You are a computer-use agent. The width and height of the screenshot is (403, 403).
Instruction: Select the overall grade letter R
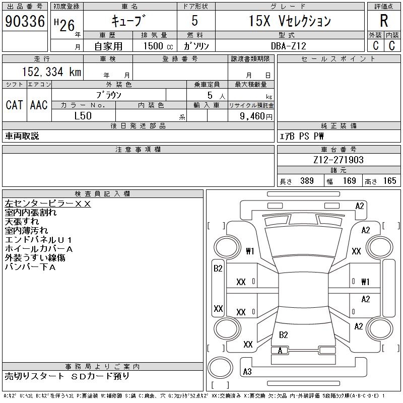[x=383, y=21]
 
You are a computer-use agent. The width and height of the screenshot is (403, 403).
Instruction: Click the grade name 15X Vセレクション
[x=290, y=21]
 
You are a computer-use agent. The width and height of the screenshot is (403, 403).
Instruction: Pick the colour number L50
[x=83, y=116]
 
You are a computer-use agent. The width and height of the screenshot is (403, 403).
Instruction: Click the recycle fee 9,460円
[x=257, y=116]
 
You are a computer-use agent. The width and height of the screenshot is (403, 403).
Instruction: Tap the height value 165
[x=389, y=181]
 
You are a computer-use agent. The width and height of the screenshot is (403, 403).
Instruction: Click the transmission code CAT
[x=14, y=105]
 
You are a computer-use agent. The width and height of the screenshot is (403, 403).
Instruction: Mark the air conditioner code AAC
[x=38, y=105]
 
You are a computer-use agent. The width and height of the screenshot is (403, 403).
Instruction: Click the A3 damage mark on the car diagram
[x=247, y=372]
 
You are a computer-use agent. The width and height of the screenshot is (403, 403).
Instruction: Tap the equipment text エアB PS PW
[x=302, y=136]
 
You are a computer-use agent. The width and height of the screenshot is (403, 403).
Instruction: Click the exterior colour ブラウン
[x=109, y=94]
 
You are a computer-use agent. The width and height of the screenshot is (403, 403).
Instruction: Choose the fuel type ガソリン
[x=196, y=45]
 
